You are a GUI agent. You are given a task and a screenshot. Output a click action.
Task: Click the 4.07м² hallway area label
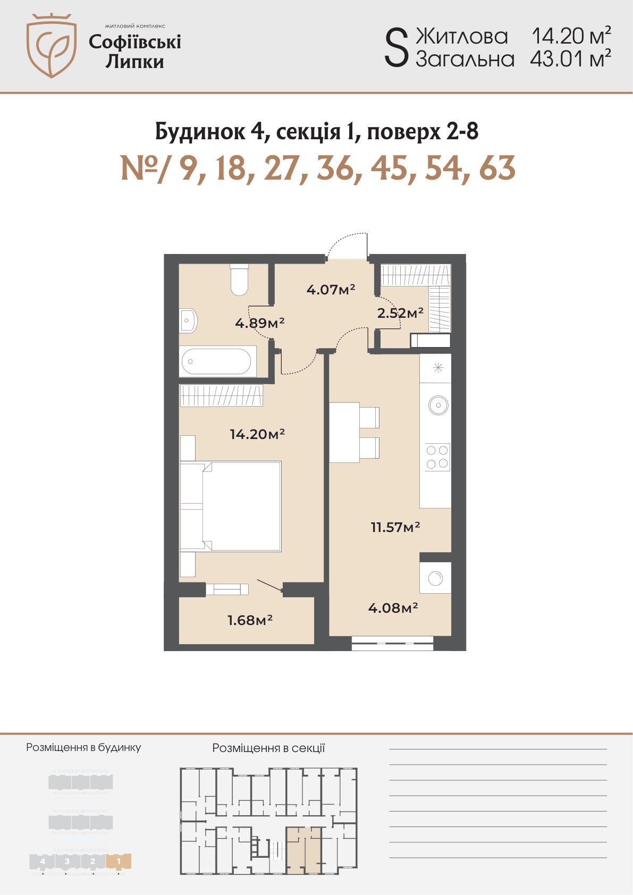coord(331,289)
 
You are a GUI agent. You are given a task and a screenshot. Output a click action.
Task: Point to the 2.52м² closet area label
coord(400,313)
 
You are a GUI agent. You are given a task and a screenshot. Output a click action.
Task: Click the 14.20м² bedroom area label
coord(257,434)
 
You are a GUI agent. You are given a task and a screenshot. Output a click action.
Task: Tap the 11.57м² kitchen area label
coord(395,527)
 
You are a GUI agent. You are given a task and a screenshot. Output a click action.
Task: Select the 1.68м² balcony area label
coord(250,620)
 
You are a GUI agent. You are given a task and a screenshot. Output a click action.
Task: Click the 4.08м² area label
coord(393,607)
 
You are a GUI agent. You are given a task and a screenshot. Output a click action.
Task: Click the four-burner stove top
coord(437,457)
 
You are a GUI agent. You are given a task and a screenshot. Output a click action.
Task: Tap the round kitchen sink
coord(438,406)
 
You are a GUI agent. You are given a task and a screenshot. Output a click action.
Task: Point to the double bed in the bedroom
coord(231,506)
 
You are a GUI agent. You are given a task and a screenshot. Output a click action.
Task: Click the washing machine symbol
coord(435,578)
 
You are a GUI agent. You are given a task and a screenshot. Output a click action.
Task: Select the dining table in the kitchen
coord(344,433)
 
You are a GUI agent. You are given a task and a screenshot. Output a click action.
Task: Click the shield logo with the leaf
coord(52,45)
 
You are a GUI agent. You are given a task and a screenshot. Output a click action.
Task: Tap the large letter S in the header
coord(396,49)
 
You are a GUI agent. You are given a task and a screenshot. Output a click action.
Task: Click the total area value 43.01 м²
coord(570,59)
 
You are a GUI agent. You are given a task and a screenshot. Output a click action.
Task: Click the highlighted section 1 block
coord(119,862)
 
